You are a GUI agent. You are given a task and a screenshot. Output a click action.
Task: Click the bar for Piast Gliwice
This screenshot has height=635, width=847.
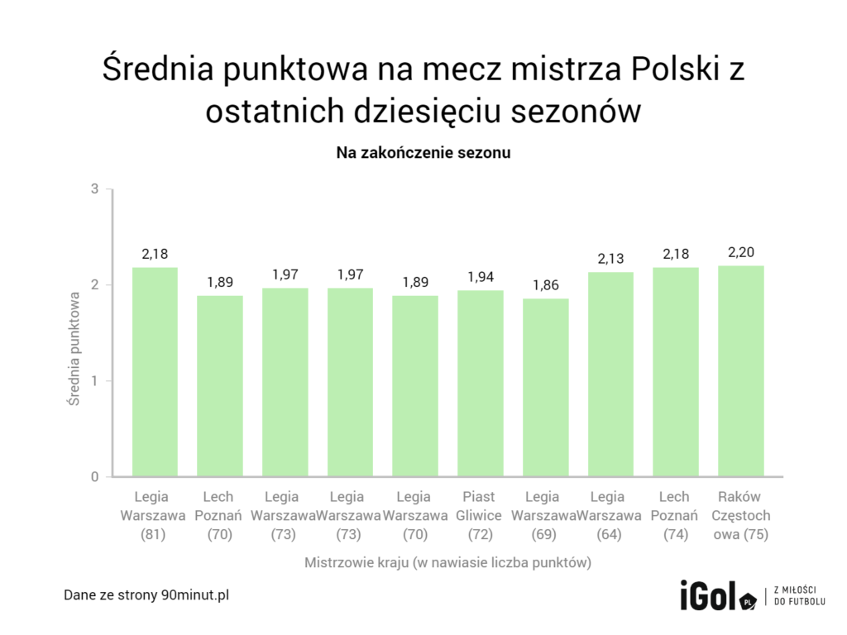pyautogui.click(x=481, y=384)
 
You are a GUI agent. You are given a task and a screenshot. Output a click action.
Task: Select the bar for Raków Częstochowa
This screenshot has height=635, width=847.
pyautogui.click(x=741, y=371)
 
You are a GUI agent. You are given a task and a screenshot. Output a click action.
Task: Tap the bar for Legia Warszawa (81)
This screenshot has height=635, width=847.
pyautogui.click(x=155, y=372)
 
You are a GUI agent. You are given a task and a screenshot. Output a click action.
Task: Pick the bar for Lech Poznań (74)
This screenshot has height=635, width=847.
pyautogui.click(x=676, y=372)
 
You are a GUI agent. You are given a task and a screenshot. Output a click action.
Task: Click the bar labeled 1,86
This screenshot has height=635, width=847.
pyautogui.click(x=546, y=388)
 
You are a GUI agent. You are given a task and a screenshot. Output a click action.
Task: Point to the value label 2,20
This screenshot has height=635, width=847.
pyautogui.click(x=741, y=253)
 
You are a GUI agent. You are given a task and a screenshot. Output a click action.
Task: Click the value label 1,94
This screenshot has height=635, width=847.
pyautogui.click(x=481, y=277)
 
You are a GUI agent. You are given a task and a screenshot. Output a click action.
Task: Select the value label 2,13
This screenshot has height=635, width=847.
pyautogui.click(x=611, y=260)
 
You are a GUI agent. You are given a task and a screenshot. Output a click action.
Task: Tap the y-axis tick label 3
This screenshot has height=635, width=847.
pyautogui.click(x=95, y=189)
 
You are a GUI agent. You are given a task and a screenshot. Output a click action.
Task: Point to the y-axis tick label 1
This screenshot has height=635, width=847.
pyautogui.click(x=95, y=381)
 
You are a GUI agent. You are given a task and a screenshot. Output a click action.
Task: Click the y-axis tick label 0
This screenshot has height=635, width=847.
pyautogui.click(x=95, y=477)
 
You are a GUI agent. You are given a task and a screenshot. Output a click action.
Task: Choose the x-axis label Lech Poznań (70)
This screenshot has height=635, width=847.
pyautogui.click(x=219, y=515)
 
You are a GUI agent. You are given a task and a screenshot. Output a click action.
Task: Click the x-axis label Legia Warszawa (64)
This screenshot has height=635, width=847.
pyautogui.click(x=611, y=515)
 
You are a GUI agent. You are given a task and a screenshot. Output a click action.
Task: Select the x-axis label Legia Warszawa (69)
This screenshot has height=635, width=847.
pyautogui.click(x=546, y=515)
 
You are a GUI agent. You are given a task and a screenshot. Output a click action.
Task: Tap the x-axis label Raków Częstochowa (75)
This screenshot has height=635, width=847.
pyautogui.click(x=741, y=515)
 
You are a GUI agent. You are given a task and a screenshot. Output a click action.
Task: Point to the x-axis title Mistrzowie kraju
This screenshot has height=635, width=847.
pyautogui.click(x=447, y=563)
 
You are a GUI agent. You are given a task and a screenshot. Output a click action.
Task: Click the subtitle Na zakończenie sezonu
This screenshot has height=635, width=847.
pyautogui.click(x=423, y=153)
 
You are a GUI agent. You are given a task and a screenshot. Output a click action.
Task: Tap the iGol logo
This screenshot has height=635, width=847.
pyautogui.click(x=716, y=596)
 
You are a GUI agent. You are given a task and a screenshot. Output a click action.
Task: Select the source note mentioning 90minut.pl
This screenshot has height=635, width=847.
pyautogui.click(x=146, y=595)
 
